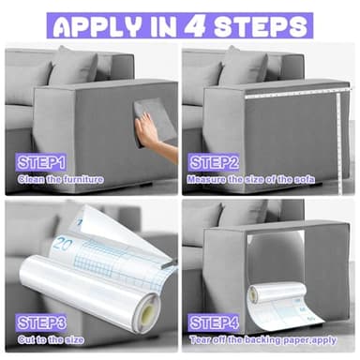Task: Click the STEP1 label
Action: click(41, 163)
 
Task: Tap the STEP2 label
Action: click(214, 163)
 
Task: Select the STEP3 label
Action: click(41, 322)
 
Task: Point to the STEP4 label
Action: click(214, 322)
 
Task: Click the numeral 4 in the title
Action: click(194, 25)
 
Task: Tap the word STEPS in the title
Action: click(261, 26)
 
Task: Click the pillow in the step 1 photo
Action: click(73, 67)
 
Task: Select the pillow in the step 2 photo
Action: click(244, 67)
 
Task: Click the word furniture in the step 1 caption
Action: click(83, 179)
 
